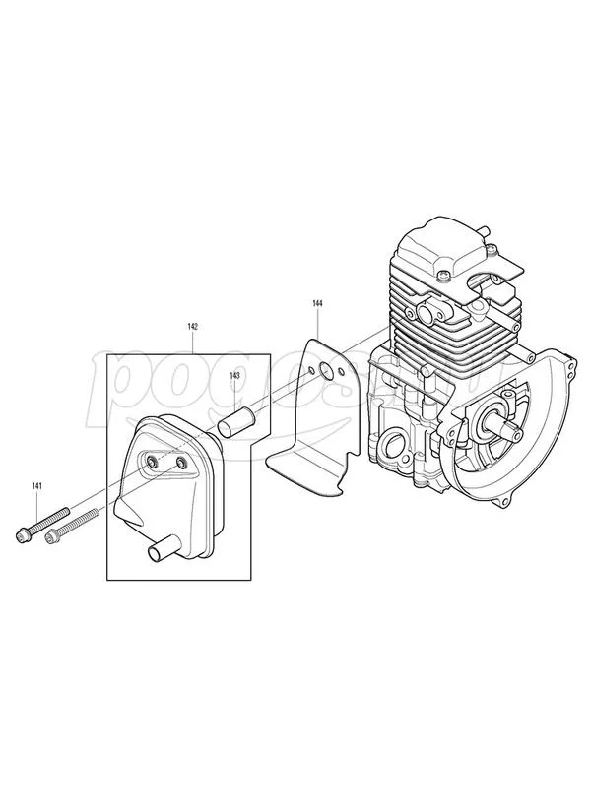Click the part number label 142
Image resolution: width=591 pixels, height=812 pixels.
click(x=193, y=326)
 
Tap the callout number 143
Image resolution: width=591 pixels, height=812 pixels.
click(x=235, y=376)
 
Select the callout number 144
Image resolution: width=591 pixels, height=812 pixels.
click(x=317, y=304)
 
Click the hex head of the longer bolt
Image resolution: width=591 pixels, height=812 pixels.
click(x=22, y=535)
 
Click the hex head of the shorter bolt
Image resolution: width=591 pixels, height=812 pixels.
click(x=46, y=540)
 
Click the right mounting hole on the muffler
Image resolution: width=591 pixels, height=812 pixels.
click(x=182, y=462)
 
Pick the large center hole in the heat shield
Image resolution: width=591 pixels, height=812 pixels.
click(x=327, y=374)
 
